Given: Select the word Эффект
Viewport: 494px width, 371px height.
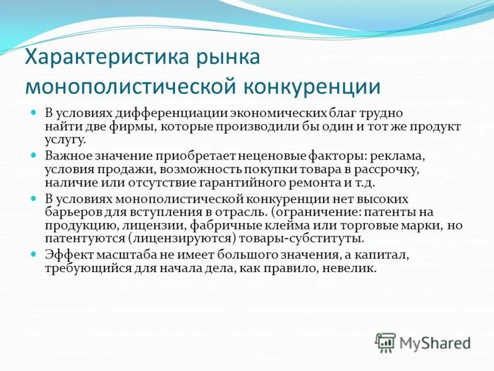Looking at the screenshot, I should click(65, 254).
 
